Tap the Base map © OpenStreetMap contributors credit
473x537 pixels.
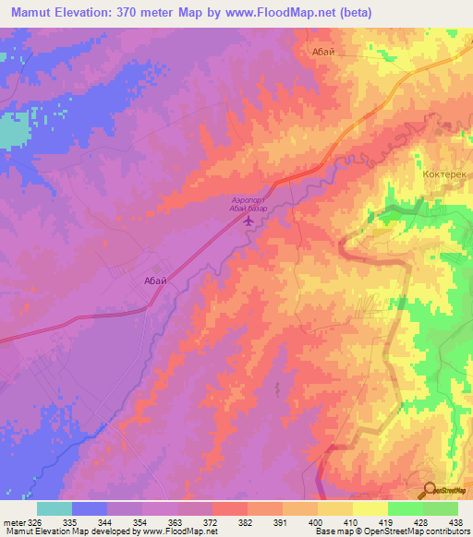[393, 531]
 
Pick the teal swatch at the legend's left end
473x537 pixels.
[55, 508]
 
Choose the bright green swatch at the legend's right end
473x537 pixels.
[441, 508]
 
